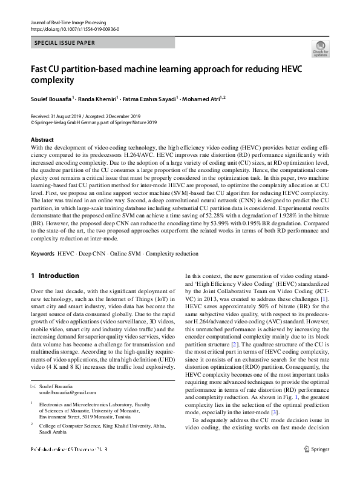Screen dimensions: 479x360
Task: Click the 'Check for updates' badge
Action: (319, 48)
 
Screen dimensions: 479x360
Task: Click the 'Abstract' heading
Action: (41, 139)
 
